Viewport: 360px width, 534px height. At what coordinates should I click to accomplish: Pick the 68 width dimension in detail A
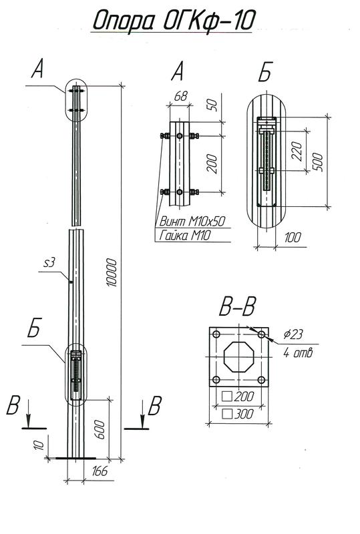point(180,97)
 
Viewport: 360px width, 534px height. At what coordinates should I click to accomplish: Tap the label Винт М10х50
point(190,221)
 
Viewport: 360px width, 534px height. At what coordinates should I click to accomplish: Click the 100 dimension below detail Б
point(291,238)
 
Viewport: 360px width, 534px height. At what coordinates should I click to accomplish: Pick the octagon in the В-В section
point(238,356)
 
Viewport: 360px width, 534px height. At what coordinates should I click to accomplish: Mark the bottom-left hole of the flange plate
point(215,380)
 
